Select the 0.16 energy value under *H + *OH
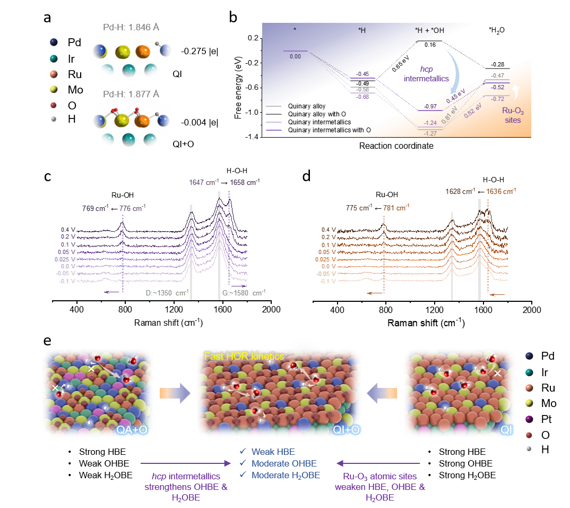tap(430, 45)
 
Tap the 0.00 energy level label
tap(295, 56)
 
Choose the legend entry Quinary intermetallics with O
tap(329, 130)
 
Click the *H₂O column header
tap(497, 31)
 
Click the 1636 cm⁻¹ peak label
tap(501, 191)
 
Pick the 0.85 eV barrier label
tap(397, 66)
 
